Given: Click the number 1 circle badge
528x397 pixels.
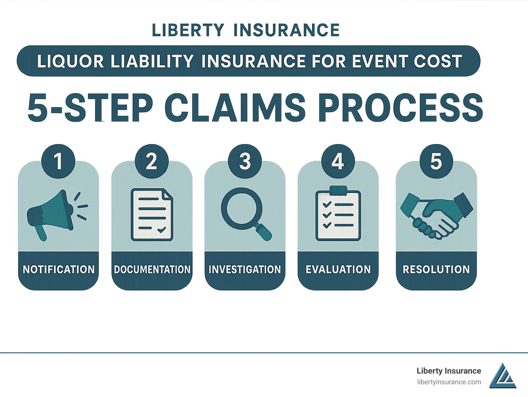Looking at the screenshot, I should pyautogui.click(x=58, y=161).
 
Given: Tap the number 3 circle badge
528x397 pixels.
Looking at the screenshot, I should pyautogui.click(x=245, y=161).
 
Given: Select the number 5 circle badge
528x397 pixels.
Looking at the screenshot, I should pyautogui.click(x=436, y=161).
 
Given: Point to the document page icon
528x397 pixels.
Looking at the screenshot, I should pyautogui.click(x=152, y=214).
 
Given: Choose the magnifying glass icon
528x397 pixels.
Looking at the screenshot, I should pyautogui.click(x=245, y=213).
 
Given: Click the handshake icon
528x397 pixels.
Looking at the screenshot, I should pyautogui.click(x=436, y=215).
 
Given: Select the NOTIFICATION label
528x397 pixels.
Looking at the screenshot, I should pyautogui.click(x=58, y=269).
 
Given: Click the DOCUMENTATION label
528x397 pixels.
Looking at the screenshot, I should pyautogui.click(x=152, y=269).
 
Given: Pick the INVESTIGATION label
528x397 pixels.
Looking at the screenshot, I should pyautogui.click(x=245, y=269).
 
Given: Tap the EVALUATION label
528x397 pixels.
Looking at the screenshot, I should pyautogui.click(x=338, y=269).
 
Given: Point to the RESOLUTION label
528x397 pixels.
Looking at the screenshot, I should pyautogui.click(x=436, y=269).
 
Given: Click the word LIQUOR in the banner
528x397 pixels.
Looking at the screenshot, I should pyautogui.click(x=70, y=62).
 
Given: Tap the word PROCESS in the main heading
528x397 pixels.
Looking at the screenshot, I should pyautogui.click(x=400, y=108).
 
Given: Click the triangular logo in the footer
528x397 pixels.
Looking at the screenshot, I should pyautogui.click(x=503, y=376).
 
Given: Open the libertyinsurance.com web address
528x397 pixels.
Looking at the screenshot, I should pyautogui.click(x=449, y=382).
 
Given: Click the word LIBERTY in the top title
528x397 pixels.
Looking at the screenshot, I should pyautogui.click(x=188, y=30).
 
